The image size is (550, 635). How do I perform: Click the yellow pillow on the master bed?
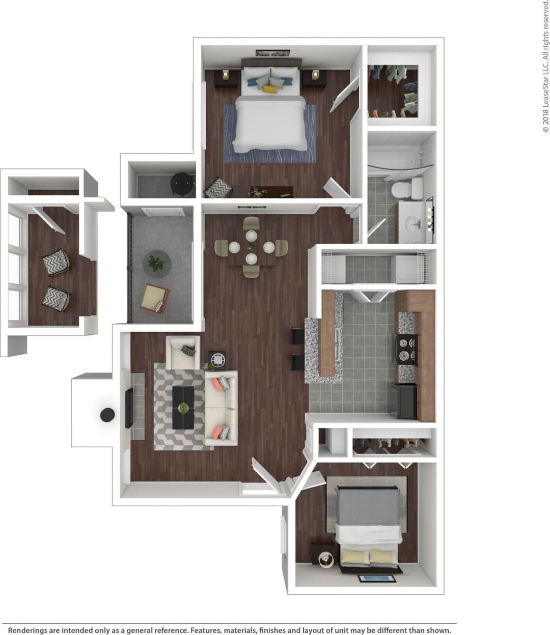(x=270, y=90)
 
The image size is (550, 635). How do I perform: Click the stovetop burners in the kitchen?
(x=405, y=349)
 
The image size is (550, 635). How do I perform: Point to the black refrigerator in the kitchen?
(x=405, y=401)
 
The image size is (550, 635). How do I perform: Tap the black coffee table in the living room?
(x=183, y=407)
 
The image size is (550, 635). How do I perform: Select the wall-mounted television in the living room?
(x=128, y=408)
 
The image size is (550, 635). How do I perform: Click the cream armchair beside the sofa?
(x=183, y=353)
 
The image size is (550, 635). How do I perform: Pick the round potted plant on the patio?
(x=156, y=264)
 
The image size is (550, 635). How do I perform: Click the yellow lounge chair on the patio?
(x=155, y=298)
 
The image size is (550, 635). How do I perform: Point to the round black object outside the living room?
(x=107, y=415)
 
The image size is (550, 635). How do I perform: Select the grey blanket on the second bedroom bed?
(x=367, y=507)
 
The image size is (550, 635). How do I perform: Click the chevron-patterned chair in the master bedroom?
(x=218, y=188)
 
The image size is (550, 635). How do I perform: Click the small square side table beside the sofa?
(x=217, y=360)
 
